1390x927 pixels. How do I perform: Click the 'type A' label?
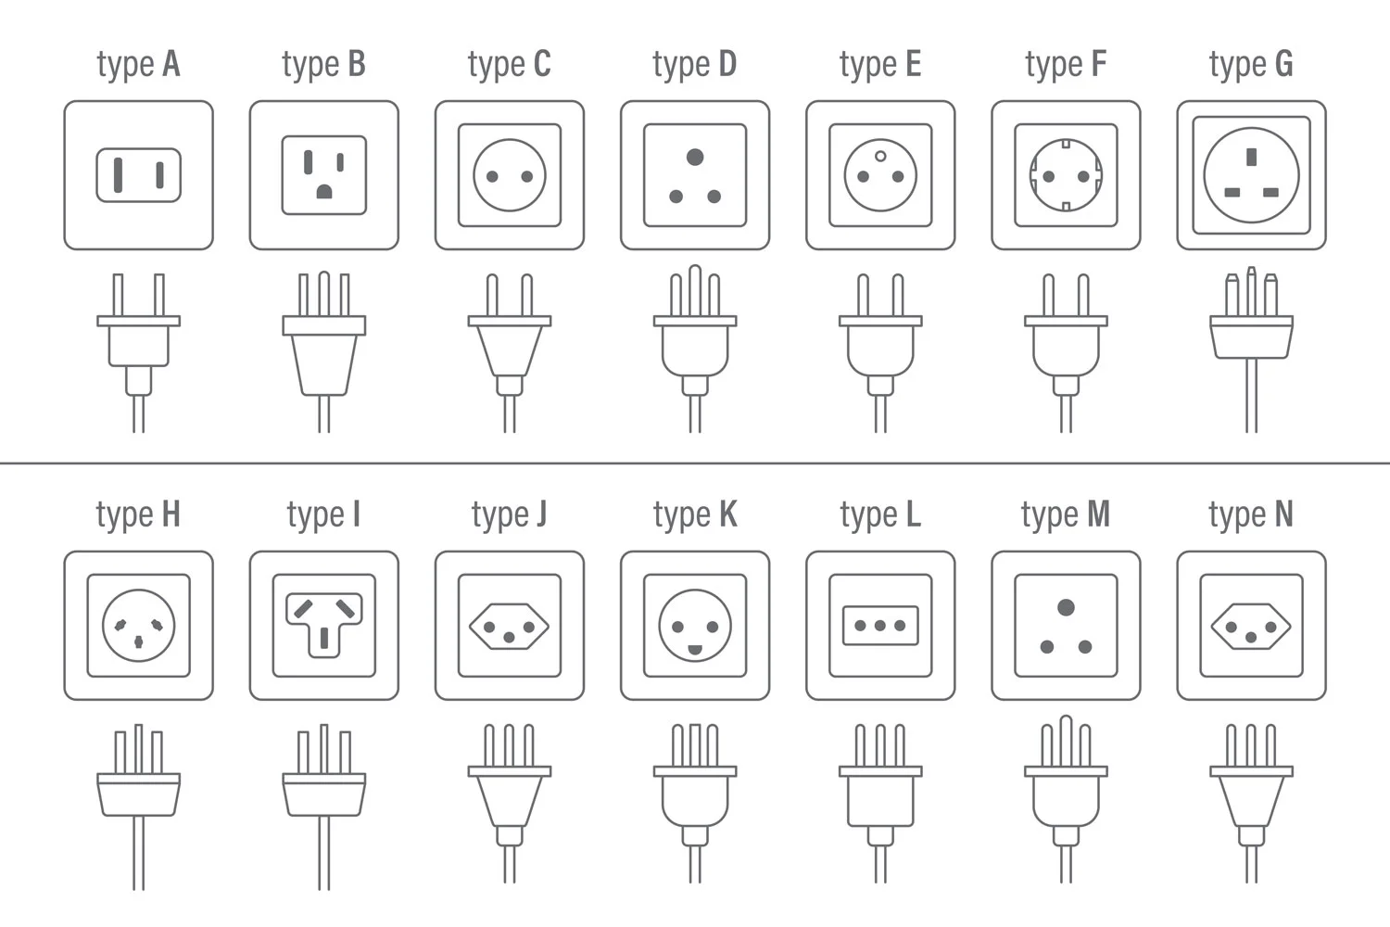pyautogui.click(x=138, y=65)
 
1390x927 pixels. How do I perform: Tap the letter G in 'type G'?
pyautogui.click(x=1283, y=64)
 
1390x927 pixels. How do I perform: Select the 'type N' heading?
pyautogui.click(x=1251, y=515)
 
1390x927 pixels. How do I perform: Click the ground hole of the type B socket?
pyautogui.click(x=324, y=191)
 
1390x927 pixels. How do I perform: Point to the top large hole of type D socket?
pyautogui.click(x=695, y=157)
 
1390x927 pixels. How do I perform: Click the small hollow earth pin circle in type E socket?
pyautogui.click(x=880, y=157)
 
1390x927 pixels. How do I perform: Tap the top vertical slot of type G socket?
pyautogui.click(x=1252, y=157)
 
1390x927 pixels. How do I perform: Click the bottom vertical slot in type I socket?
pyautogui.click(x=324, y=639)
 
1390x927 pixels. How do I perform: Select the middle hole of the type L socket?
pyautogui.click(x=880, y=625)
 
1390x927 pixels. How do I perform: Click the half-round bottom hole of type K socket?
pyautogui.click(x=695, y=650)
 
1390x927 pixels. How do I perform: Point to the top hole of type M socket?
pyautogui.click(x=1066, y=606)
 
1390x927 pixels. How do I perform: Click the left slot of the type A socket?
pyautogui.click(x=118, y=174)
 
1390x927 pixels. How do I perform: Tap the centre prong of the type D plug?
pyautogui.click(x=695, y=290)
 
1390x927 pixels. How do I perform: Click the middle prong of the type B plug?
pyautogui.click(x=324, y=294)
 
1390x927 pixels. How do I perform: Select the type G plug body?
pyautogui.click(x=1252, y=337)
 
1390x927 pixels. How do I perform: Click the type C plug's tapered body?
pyautogui.click(x=510, y=350)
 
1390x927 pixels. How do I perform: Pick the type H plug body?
pyautogui.click(x=138, y=794)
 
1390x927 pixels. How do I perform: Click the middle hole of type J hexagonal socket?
pyautogui.click(x=510, y=638)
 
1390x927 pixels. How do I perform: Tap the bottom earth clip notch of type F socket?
pyautogui.click(x=1066, y=207)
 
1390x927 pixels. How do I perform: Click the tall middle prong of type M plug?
pyautogui.click(x=1066, y=741)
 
